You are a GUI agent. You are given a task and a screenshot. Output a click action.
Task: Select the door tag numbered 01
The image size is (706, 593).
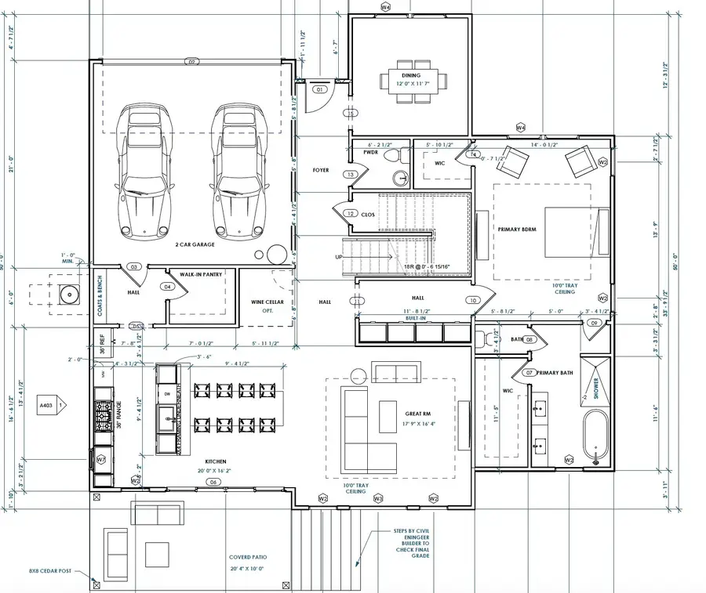pyautogui.click(x=319, y=90)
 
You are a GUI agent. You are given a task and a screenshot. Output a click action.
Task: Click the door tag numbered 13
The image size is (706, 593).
pyautogui.click(x=351, y=174)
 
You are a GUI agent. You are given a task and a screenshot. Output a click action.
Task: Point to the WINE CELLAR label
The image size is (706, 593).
pyautogui.click(x=267, y=302)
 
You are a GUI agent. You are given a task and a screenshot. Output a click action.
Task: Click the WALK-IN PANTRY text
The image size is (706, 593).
pyautogui.click(x=201, y=274)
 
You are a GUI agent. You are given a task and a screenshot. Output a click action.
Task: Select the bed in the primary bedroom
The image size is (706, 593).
pyautogui.click(x=576, y=232)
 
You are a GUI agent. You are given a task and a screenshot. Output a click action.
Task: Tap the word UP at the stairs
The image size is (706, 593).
pyautogui.click(x=338, y=256)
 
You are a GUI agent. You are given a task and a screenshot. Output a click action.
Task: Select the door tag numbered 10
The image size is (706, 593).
pyautogui.click(x=473, y=300)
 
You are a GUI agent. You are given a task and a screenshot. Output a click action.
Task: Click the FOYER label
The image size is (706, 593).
pyautogui.click(x=320, y=169)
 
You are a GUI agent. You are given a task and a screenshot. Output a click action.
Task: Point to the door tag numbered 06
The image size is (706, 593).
pyautogui.click(x=213, y=483)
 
